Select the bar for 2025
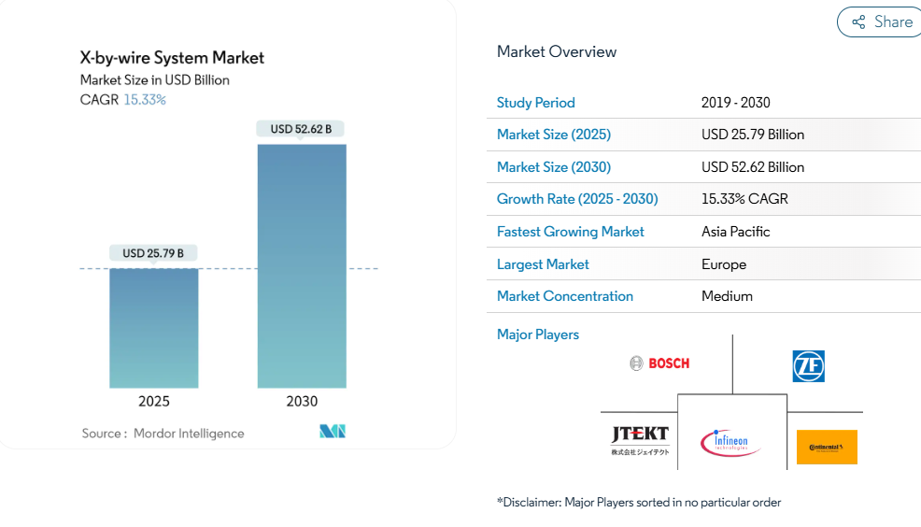click(154, 327)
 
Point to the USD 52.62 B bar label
click(301, 129)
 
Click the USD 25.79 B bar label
click(153, 253)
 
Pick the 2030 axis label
click(302, 402)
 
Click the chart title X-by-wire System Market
click(172, 58)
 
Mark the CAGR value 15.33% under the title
click(145, 99)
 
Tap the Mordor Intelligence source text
click(189, 434)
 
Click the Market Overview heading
click(557, 52)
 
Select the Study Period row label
click(536, 103)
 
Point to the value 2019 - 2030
click(736, 103)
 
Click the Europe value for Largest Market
click(724, 264)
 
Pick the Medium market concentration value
click(727, 296)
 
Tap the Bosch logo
click(659, 363)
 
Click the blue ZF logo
click(808, 366)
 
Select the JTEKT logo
click(640, 439)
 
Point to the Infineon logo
click(730, 442)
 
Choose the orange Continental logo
click(827, 447)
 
